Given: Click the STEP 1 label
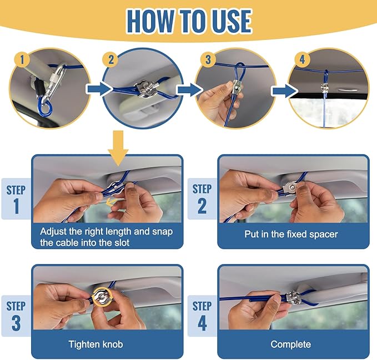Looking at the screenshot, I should coord(16,199).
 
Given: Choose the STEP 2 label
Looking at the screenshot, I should coord(202,199).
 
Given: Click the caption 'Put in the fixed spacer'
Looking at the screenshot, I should coord(291,234).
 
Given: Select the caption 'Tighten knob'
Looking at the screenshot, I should coord(95,344).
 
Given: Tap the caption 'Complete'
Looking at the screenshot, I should coord(290,344).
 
